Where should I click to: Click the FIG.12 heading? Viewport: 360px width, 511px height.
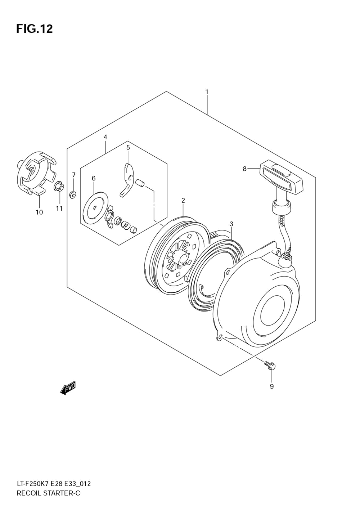[x=35, y=29]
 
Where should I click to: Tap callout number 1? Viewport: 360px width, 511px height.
[x=207, y=92]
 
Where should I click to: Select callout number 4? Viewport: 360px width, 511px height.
[x=105, y=137]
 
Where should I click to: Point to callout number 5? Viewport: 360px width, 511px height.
[x=128, y=148]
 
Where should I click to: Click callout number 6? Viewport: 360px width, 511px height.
[x=94, y=178]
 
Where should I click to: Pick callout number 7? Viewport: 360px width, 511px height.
[x=74, y=175]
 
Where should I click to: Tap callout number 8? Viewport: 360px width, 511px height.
[x=245, y=169]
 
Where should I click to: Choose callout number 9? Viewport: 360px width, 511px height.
[x=271, y=386]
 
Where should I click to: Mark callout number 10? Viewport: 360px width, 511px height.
[x=39, y=212]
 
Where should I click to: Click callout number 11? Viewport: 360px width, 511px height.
[x=59, y=209]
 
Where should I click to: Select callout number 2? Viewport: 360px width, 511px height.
[x=183, y=201]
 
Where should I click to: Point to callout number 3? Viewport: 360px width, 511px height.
[x=231, y=224]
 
